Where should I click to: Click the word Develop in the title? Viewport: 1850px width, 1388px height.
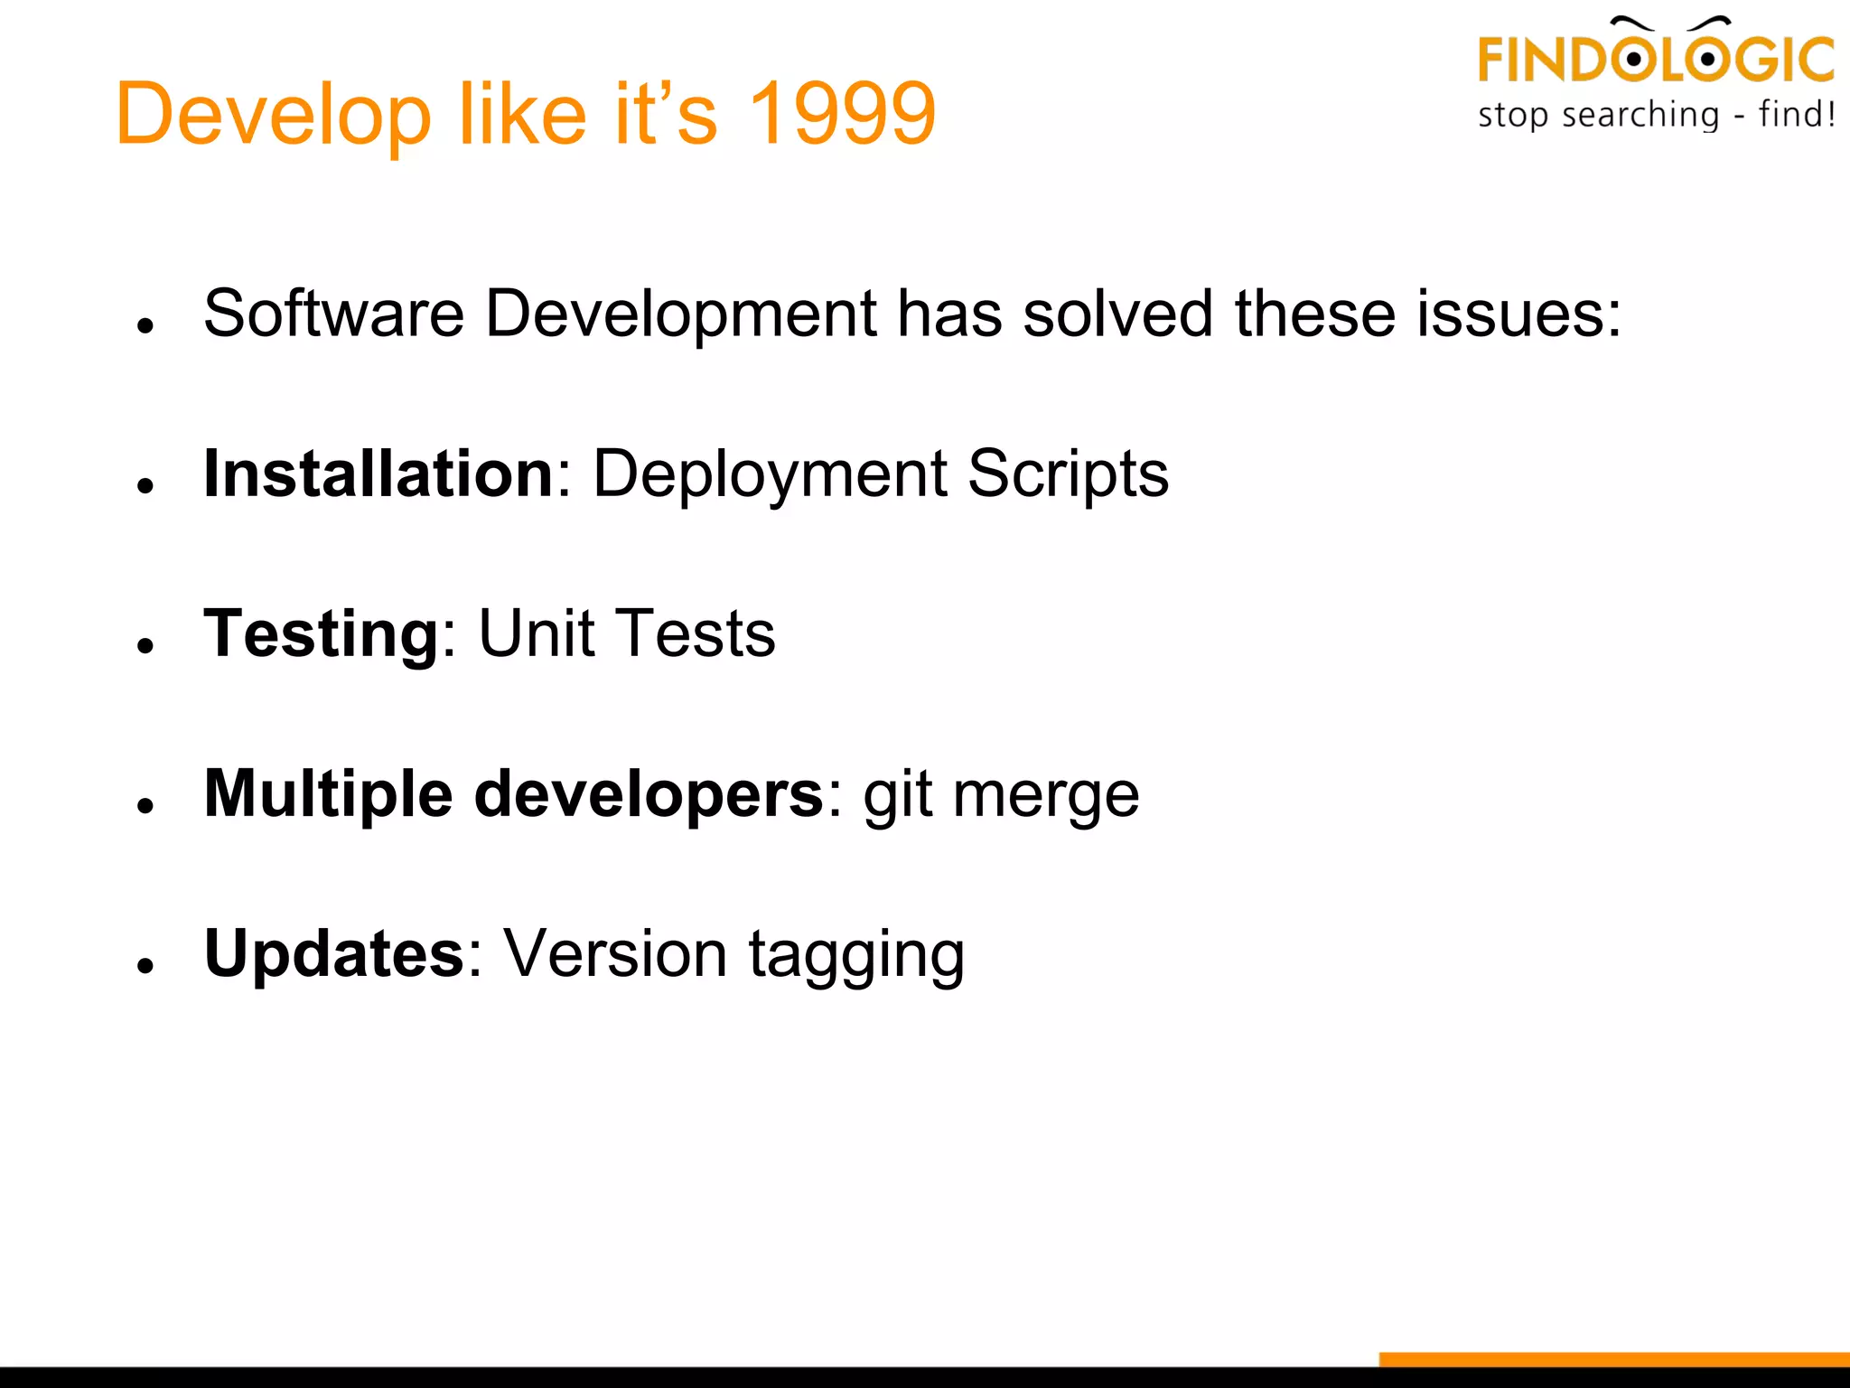point(273,116)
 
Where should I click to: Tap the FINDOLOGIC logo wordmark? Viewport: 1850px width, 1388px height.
point(1655,58)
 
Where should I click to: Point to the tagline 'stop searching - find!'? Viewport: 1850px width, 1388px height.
point(1656,116)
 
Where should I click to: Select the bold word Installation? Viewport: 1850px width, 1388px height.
point(378,474)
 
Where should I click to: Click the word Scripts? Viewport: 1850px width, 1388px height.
point(1068,474)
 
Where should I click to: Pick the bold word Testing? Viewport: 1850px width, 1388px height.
point(322,633)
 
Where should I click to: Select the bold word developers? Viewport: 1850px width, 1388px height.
point(649,794)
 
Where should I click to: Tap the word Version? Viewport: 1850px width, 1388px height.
point(614,954)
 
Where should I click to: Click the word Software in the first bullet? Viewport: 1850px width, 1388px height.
point(333,314)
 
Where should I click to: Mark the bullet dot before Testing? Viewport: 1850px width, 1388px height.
point(145,645)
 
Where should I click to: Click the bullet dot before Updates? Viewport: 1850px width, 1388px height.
point(145,966)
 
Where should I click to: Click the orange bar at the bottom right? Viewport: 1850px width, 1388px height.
point(1613,1359)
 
